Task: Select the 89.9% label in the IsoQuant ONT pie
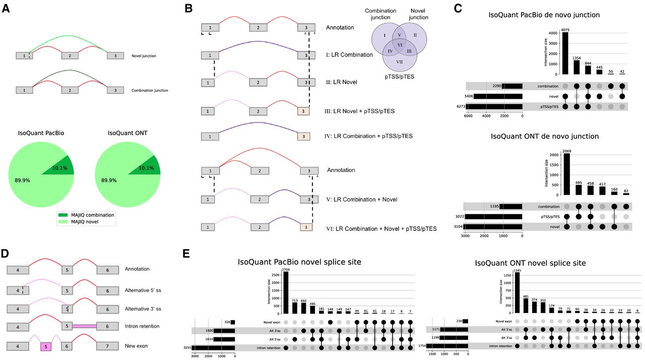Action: (110, 179)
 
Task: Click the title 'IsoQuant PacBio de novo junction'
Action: (544, 15)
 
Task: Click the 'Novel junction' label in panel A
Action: (144, 55)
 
